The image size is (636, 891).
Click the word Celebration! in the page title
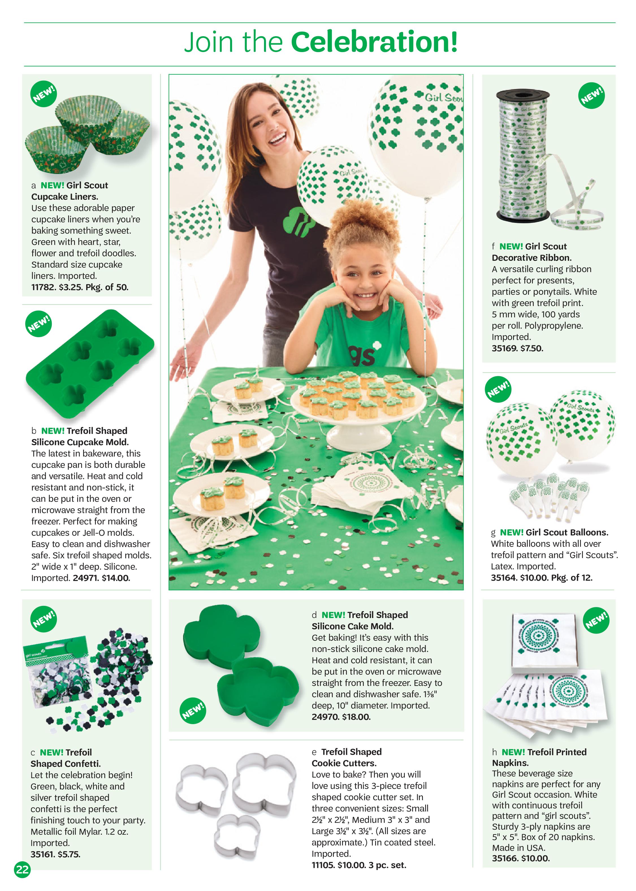(x=374, y=42)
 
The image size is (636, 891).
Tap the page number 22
(x=22, y=870)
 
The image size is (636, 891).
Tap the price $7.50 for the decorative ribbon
(x=531, y=348)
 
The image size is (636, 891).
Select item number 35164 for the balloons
(x=504, y=578)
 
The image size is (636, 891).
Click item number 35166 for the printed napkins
(x=504, y=858)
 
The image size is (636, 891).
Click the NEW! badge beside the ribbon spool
(x=591, y=96)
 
